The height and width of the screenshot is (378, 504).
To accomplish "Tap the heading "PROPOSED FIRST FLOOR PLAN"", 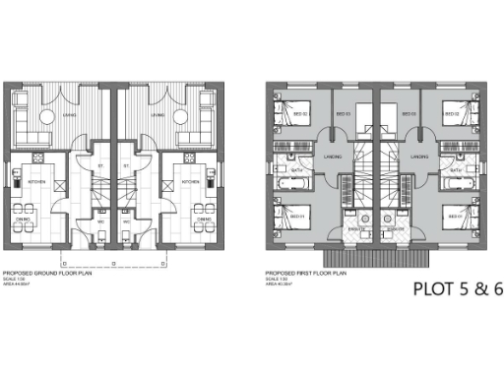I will tap(303, 273).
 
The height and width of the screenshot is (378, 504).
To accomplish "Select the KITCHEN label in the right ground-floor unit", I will tap(190, 182).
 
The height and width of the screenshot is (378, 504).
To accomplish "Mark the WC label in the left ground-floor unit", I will tap(101, 221).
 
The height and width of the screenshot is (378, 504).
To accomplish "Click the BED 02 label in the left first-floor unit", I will tap(301, 114).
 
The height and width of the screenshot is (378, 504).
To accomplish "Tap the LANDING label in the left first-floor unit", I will tap(334, 157).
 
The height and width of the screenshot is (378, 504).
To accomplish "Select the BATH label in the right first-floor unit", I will tap(455, 170).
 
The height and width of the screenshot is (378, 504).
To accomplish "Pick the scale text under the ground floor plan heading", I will tap(14, 280).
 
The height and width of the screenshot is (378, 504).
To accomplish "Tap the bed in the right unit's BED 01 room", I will tap(454, 218).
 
